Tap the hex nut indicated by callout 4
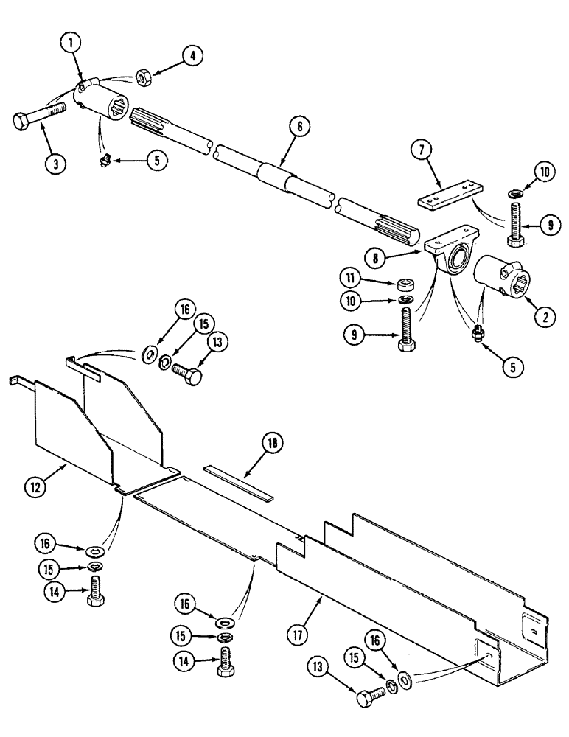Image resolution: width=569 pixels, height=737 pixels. [143, 75]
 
